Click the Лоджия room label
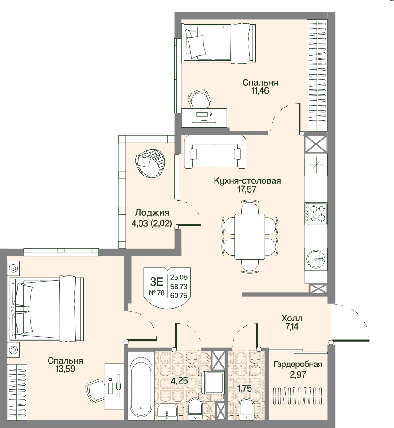click(x=152, y=212)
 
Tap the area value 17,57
click(x=247, y=189)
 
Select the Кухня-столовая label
click(x=247, y=181)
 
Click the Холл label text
click(x=292, y=318)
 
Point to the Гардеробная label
click(x=298, y=364)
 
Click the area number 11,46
click(x=260, y=91)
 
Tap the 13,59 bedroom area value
click(x=65, y=369)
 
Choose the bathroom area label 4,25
click(x=179, y=380)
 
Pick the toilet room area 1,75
click(x=245, y=388)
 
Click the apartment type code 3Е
click(x=157, y=281)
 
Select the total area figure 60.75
click(x=179, y=295)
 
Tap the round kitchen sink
click(x=316, y=258)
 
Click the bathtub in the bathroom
click(x=141, y=387)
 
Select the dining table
click(x=250, y=237)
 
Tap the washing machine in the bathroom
click(x=213, y=382)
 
